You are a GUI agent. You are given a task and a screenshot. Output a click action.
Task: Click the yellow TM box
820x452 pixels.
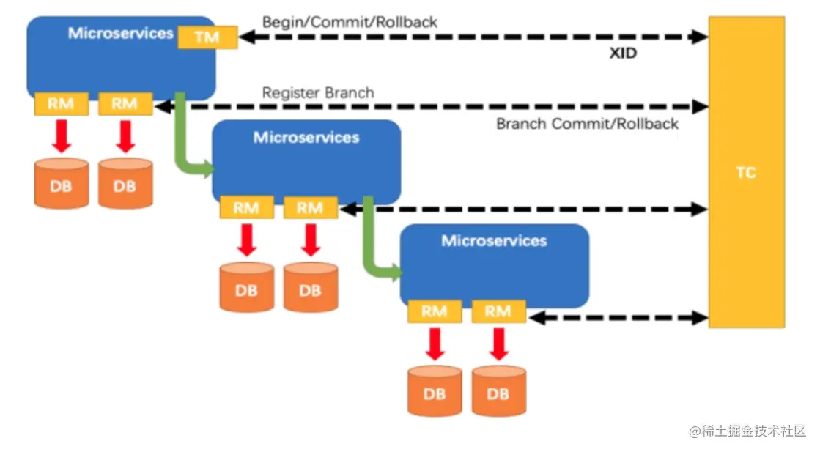[207, 37]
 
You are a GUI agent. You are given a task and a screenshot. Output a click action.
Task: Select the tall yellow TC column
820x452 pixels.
[746, 172]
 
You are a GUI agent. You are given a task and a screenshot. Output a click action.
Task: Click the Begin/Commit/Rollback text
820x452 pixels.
[350, 22]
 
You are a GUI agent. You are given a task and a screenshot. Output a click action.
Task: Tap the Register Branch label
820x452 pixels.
[318, 93]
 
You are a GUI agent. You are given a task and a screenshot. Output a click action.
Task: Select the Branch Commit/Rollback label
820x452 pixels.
[587, 124]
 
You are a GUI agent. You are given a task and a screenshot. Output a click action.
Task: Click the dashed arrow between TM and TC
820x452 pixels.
[473, 37]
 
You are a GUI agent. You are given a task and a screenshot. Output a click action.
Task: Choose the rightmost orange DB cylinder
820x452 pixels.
[498, 391]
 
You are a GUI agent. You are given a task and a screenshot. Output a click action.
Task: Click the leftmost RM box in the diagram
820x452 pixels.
[62, 104]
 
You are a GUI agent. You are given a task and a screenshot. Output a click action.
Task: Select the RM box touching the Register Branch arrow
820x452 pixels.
[125, 104]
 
